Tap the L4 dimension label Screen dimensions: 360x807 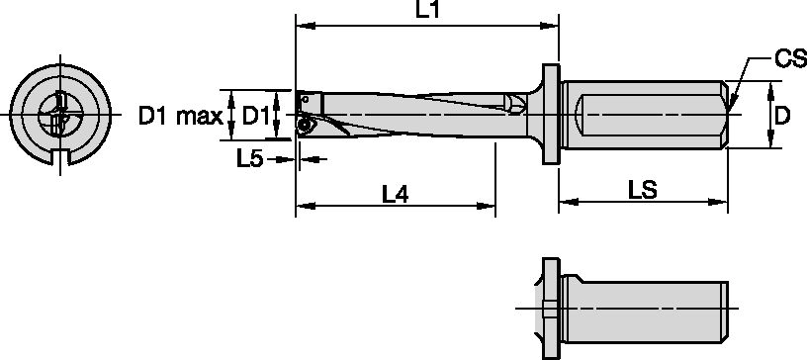(396, 195)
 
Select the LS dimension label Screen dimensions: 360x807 (644, 189)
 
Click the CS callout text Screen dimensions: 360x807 (789, 61)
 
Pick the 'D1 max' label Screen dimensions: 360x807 (180, 117)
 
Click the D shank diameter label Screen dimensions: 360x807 (781, 116)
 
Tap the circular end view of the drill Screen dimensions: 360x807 (57, 116)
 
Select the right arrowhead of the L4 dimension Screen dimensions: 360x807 (488, 207)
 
